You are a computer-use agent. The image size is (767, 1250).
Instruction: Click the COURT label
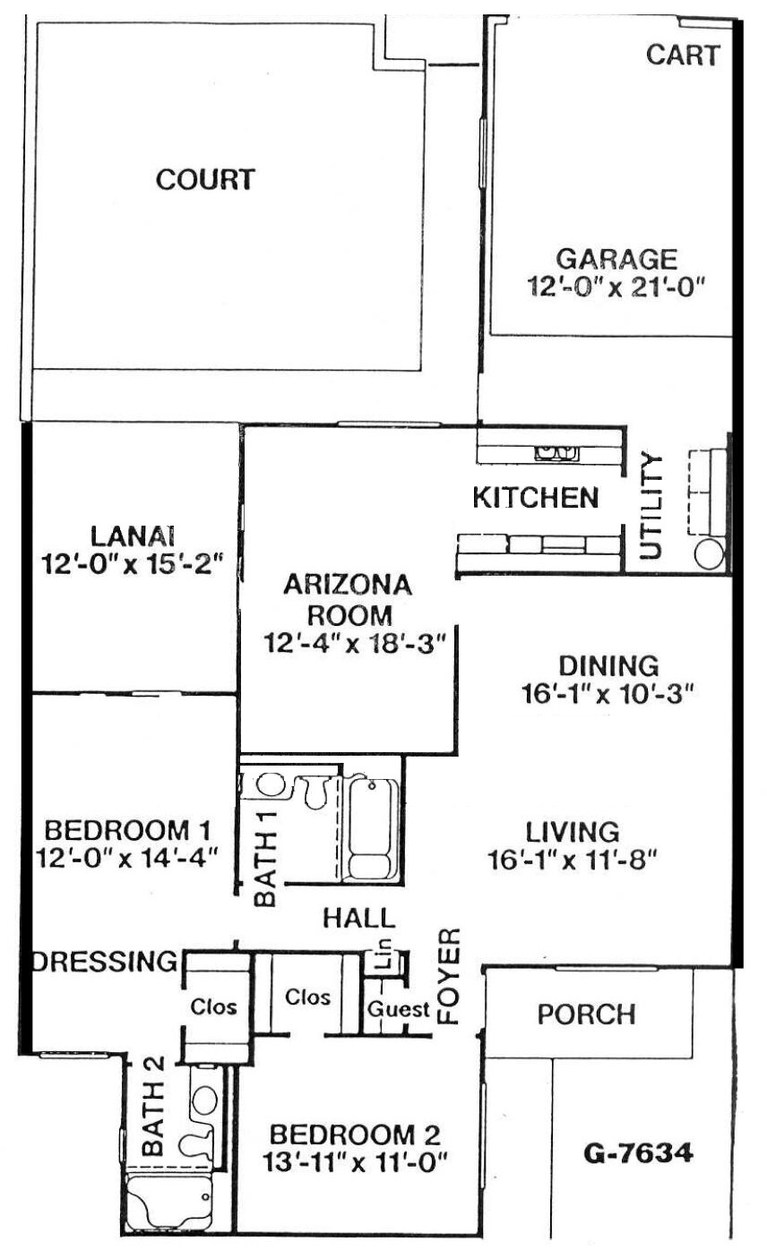coord(205,180)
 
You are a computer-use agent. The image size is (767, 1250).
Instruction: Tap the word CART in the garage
coord(683,55)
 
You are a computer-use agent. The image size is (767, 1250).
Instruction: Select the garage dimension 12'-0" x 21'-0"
coord(616,287)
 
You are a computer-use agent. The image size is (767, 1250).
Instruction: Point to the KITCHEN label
coord(535,497)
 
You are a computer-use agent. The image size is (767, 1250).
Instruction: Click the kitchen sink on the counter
coord(556,453)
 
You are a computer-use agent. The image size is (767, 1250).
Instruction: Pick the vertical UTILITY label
coord(651,507)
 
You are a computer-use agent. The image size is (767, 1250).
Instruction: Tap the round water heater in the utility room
coord(709,554)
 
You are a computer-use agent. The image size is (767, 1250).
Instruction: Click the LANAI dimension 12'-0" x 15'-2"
coord(133,563)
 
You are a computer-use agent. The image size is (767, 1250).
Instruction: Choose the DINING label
coord(608,665)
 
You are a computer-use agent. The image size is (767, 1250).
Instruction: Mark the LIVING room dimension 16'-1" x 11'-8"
coord(572,860)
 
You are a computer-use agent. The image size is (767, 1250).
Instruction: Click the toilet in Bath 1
coord(316,791)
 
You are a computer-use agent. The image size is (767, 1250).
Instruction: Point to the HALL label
coord(359,918)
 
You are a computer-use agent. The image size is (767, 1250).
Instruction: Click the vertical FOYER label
coord(449,977)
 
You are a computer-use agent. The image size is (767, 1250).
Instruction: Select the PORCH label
coord(586,1014)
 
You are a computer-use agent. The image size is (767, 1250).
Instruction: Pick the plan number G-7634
coord(638,1153)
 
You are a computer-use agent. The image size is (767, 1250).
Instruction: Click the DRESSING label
coord(105,962)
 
